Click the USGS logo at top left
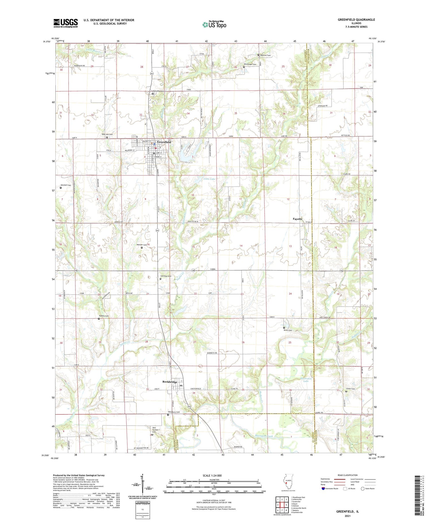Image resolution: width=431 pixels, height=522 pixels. [x=66, y=23]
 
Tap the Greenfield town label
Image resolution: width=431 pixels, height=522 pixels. [x=164, y=142]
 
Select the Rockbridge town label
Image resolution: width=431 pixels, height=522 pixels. [x=170, y=382]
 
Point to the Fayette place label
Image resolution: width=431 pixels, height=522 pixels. [x=297, y=219]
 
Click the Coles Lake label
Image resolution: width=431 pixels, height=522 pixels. [x=209, y=179]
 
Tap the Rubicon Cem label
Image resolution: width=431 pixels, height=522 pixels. [x=265, y=55]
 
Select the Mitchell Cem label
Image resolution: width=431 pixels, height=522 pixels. [x=66, y=185]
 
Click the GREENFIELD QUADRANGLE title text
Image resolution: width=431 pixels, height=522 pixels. [x=356, y=20]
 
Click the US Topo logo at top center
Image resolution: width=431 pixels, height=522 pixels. [x=214, y=24]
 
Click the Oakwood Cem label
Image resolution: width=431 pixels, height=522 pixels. [x=158, y=91]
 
